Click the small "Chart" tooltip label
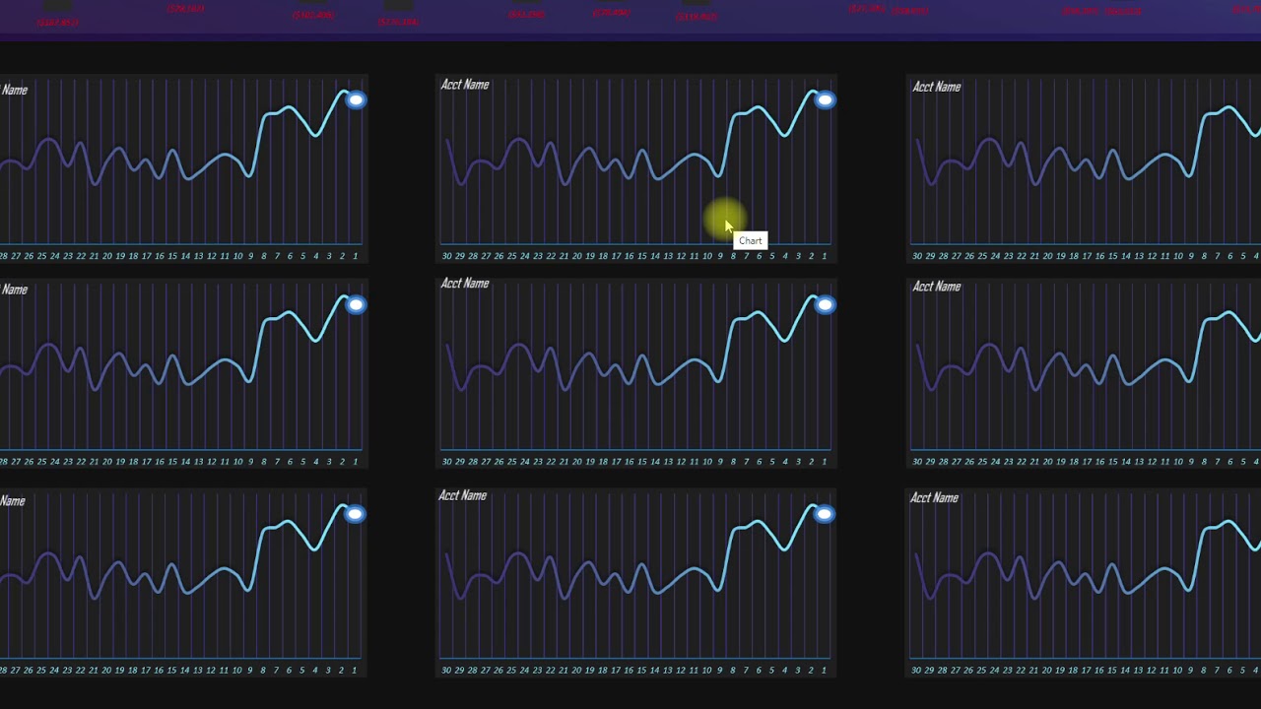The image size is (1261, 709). tap(751, 240)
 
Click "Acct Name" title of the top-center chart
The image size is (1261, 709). tap(465, 85)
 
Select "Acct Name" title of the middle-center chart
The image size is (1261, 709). tap(465, 284)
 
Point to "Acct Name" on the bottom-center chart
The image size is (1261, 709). tap(463, 495)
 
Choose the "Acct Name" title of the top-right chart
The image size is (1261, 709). tap(936, 87)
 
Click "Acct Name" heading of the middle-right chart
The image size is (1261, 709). tap(936, 287)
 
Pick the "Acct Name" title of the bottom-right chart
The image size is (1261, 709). tap(934, 497)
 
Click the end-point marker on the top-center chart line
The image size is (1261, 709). tap(825, 99)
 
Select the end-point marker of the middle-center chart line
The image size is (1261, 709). tap(825, 304)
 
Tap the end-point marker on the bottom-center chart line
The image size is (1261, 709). tap(825, 514)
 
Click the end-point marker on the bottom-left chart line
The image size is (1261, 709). tap(355, 514)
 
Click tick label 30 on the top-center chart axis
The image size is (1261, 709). tap(447, 256)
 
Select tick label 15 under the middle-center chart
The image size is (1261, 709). tap(641, 462)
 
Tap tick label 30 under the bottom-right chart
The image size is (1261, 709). tap(917, 671)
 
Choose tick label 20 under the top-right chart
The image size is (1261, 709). tap(1047, 256)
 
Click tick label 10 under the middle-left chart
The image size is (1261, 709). tap(237, 462)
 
